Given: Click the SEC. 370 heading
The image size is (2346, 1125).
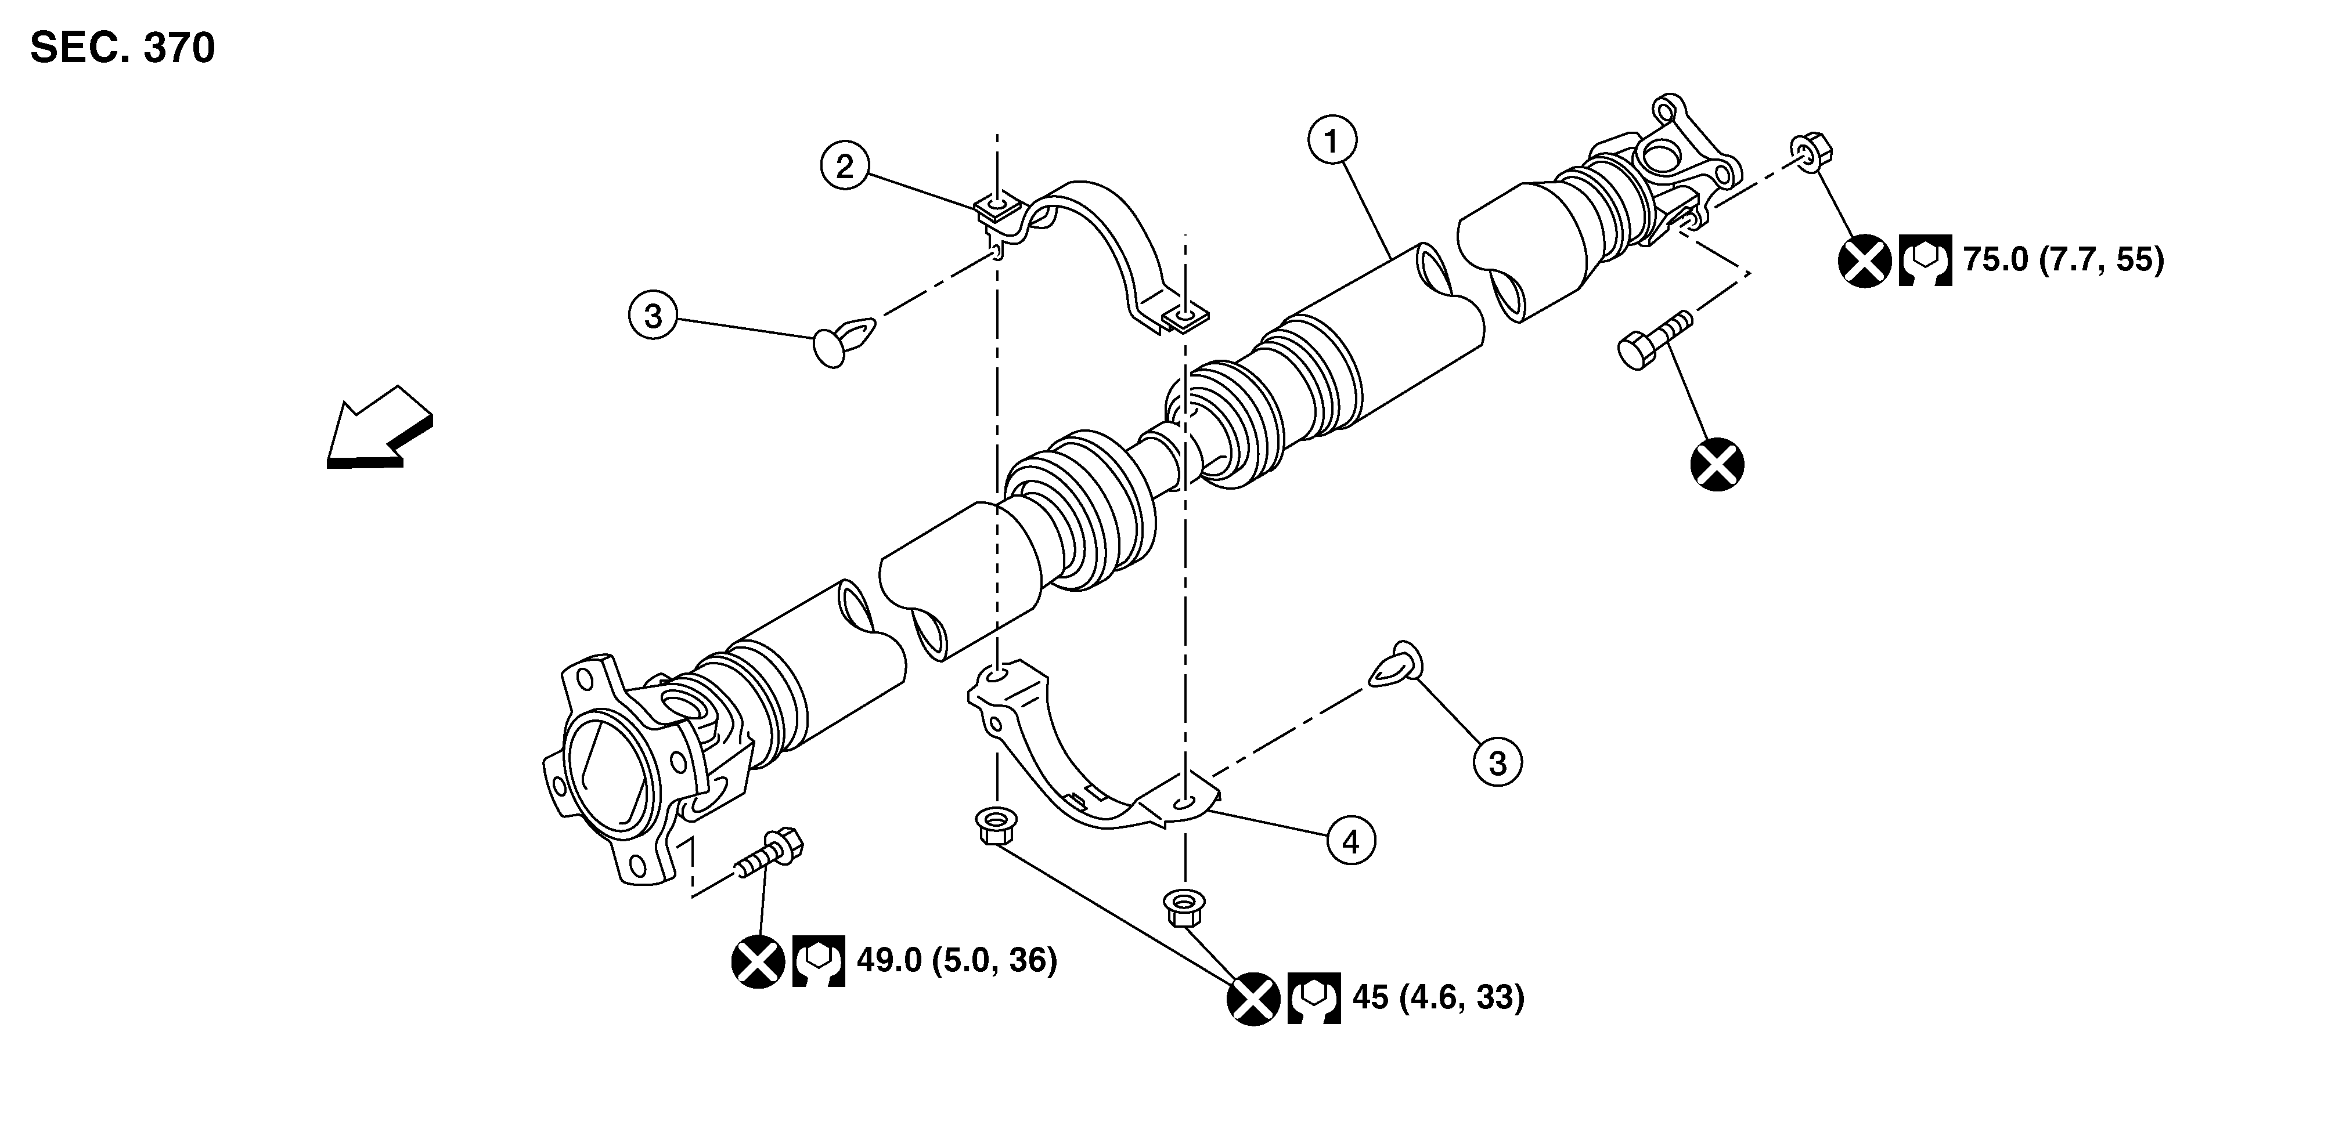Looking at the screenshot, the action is (x=123, y=48).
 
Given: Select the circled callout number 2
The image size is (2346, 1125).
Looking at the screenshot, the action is (x=845, y=166).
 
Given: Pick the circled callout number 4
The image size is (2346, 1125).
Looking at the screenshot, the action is (x=1350, y=841).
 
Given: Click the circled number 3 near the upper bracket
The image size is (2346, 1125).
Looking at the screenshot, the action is (x=653, y=316).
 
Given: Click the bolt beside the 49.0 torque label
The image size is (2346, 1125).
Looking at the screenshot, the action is (x=770, y=854).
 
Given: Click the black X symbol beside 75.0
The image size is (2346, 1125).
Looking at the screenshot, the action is (x=1864, y=261).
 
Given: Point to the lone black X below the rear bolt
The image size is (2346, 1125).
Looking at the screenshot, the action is (x=1717, y=465).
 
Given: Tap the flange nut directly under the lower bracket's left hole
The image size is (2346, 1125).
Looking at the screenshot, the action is (x=993, y=824).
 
